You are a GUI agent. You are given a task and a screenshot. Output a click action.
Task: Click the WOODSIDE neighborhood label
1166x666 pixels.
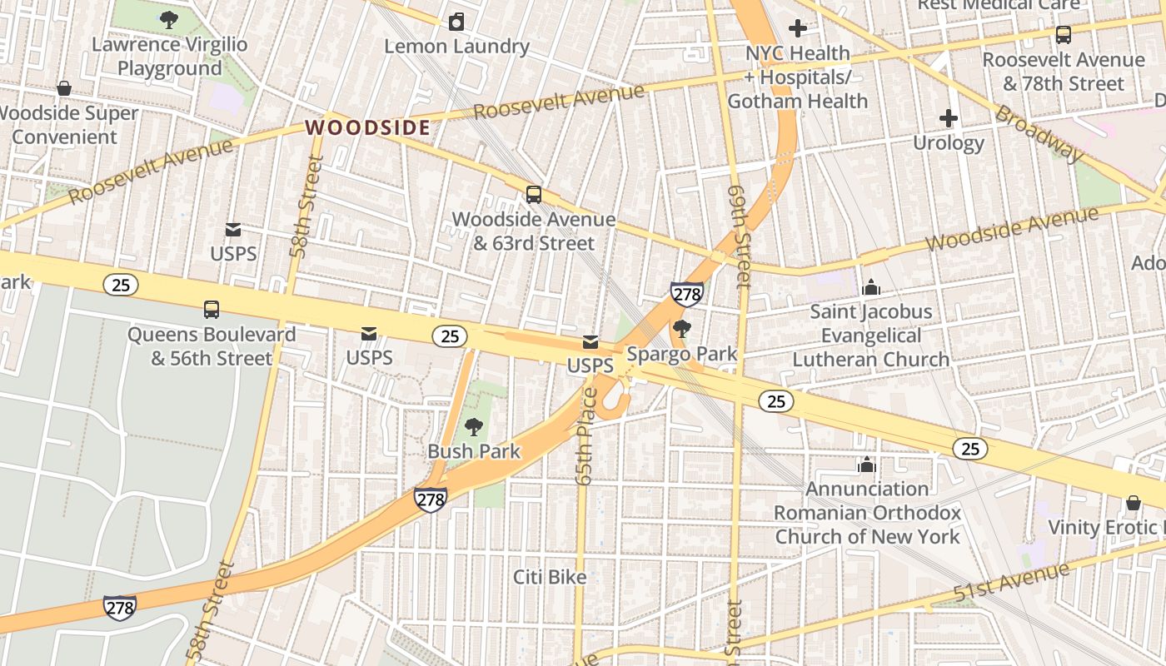(x=367, y=127)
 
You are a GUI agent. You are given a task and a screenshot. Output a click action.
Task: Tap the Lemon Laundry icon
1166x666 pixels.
(x=456, y=22)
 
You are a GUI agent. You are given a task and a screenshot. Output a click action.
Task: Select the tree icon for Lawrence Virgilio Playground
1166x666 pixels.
(x=169, y=20)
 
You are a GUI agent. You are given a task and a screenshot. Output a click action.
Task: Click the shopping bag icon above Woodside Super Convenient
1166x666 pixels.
(x=64, y=89)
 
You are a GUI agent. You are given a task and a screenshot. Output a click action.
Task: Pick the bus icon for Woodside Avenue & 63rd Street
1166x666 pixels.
(x=534, y=195)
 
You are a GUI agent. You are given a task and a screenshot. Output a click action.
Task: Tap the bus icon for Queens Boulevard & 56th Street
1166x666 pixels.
(x=212, y=310)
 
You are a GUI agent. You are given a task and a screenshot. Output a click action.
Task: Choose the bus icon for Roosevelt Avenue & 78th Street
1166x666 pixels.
(x=1064, y=35)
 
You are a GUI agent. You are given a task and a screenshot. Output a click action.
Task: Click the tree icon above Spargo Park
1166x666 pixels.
(x=681, y=329)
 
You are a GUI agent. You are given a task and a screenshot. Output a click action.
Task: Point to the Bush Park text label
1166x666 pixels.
(x=474, y=451)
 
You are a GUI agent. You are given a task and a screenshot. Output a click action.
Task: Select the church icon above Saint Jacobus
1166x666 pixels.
(x=871, y=287)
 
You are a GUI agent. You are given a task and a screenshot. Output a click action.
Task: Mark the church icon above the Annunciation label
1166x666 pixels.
(x=867, y=465)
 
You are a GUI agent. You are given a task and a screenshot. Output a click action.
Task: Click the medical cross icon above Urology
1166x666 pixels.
(x=948, y=118)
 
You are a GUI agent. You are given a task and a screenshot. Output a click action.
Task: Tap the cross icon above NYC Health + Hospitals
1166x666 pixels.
(x=798, y=29)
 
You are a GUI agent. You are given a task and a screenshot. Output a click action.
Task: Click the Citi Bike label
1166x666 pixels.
(x=550, y=577)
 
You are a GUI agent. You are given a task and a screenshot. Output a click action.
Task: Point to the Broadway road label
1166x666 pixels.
(x=1039, y=133)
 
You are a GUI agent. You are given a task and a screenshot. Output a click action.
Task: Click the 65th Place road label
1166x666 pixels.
(x=585, y=436)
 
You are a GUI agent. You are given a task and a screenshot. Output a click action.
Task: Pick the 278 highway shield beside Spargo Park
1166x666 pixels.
(x=686, y=293)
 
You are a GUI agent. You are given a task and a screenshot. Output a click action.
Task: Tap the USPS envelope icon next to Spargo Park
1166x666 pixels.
(x=590, y=342)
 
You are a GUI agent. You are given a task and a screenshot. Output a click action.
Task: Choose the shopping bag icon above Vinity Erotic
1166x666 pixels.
(x=1133, y=503)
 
